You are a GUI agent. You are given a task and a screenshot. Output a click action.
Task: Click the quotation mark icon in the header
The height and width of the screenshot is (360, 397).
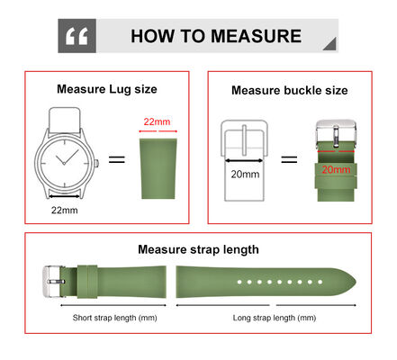[77, 36]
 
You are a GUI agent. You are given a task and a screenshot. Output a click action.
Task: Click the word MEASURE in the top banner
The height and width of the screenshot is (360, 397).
[256, 36]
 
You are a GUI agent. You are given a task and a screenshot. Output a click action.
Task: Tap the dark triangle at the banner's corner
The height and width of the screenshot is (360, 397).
[329, 43]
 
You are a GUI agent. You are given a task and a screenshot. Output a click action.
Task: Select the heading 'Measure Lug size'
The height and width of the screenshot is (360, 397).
[107, 89]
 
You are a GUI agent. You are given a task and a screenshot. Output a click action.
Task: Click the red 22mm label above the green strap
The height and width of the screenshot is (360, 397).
[157, 121]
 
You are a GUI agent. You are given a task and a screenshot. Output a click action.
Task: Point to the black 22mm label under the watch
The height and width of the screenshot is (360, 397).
[64, 210]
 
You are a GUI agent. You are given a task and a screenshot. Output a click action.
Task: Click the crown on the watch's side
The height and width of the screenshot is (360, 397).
[96, 164]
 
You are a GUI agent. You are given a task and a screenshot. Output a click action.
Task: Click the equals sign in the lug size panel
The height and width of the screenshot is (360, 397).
[117, 159]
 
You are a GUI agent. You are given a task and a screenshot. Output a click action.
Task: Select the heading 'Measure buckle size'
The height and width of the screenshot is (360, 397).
[290, 90]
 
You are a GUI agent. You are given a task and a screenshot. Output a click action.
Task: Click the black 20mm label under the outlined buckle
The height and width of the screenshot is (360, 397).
[245, 174]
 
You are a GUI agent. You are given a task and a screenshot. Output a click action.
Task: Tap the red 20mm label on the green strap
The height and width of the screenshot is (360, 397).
[336, 169]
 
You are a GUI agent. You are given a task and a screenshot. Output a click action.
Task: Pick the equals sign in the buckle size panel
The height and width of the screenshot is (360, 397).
[289, 159]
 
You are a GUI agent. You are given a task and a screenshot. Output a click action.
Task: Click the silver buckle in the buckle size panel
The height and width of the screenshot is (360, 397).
[336, 132]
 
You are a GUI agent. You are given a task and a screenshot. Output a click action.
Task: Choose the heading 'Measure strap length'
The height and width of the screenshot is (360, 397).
[198, 249]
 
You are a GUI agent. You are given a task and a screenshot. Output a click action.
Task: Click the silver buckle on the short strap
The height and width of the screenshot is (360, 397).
[52, 282]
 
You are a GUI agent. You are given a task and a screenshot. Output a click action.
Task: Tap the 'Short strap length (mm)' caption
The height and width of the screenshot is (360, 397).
[114, 318]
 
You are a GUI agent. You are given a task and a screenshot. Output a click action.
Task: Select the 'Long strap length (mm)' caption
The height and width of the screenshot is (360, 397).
[275, 318]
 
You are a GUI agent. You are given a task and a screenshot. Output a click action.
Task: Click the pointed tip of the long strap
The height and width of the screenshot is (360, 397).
[356, 282]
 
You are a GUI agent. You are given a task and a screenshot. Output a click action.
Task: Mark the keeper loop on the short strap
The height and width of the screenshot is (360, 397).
[87, 282]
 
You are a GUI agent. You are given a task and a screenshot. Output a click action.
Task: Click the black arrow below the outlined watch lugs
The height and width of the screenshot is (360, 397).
[64, 196]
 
